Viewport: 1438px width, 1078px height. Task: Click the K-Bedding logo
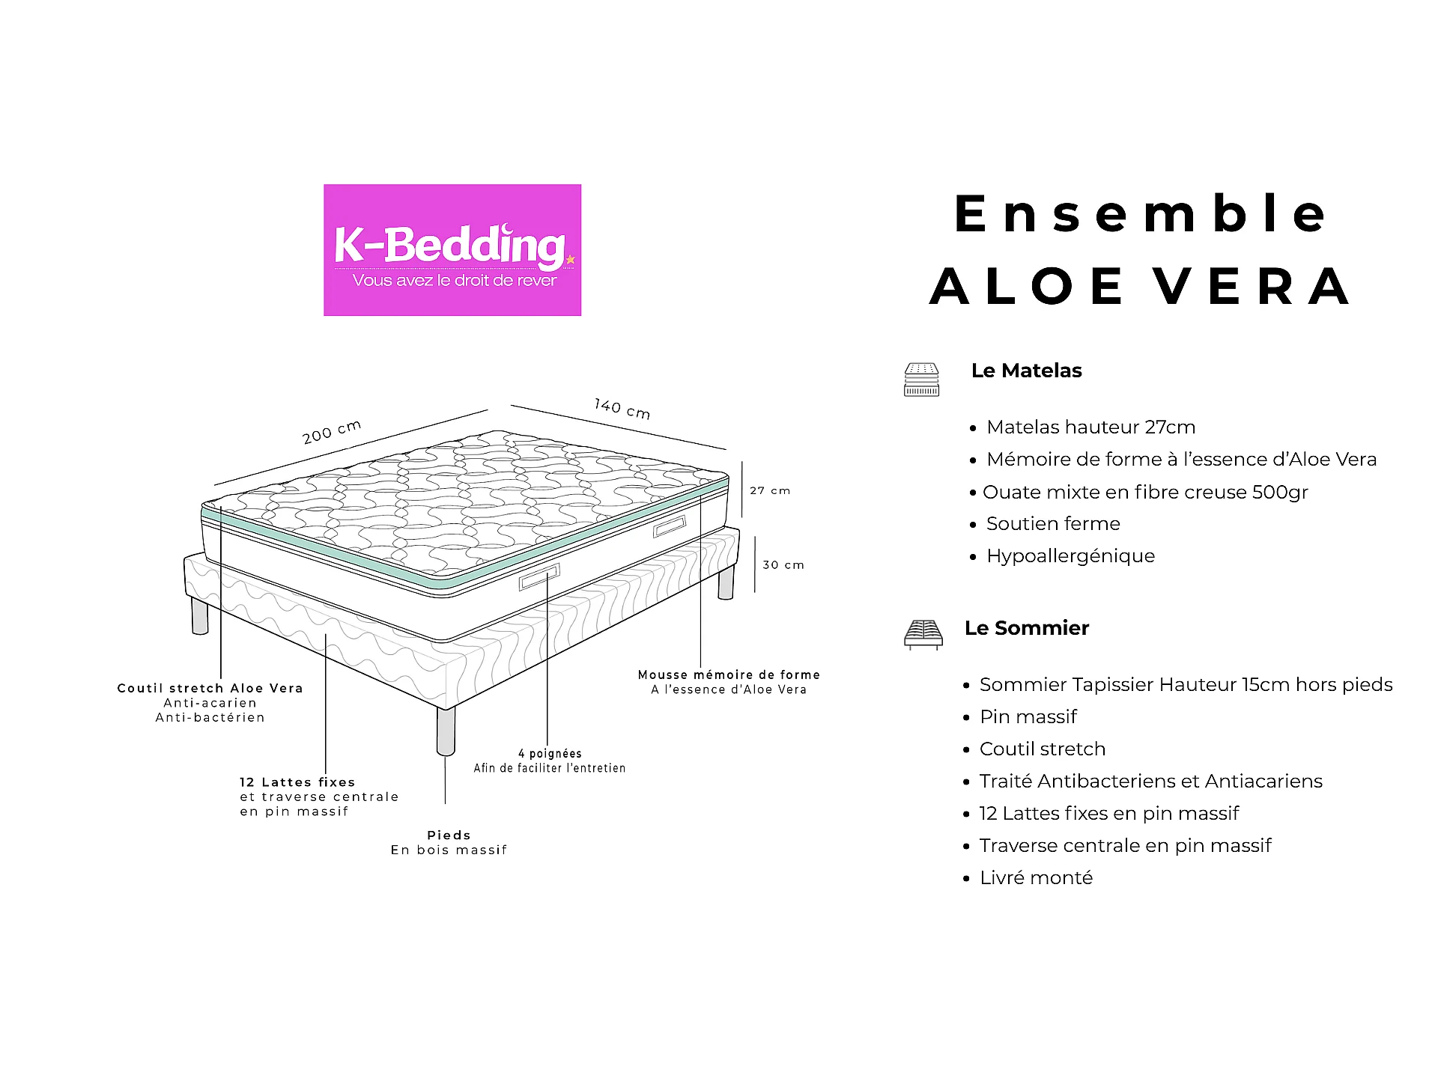[x=452, y=250]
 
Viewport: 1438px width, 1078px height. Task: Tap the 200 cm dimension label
[x=332, y=432]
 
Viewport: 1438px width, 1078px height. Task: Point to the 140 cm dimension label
[x=622, y=408]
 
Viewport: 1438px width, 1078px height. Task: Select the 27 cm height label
[x=770, y=490]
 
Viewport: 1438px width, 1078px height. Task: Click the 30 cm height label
[x=783, y=564]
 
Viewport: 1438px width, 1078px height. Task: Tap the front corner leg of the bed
[x=446, y=731]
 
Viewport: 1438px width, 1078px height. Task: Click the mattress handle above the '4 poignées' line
[x=539, y=577]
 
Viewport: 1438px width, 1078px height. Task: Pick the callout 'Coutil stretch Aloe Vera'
[x=210, y=688]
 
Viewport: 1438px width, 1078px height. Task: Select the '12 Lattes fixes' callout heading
[x=297, y=782]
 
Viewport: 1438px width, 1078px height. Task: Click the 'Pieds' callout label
[x=449, y=835]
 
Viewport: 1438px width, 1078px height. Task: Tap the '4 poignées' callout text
[x=550, y=753]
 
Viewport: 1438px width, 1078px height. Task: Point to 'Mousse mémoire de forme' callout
[x=729, y=674]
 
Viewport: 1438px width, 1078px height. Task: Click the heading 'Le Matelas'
[x=1026, y=371]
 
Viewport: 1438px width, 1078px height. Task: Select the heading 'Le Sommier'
[x=1027, y=628]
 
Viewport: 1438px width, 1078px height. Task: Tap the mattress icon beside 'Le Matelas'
[x=921, y=380]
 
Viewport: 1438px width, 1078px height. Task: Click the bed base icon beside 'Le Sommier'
[x=923, y=634]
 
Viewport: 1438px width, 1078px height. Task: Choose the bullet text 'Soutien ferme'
[x=1053, y=524]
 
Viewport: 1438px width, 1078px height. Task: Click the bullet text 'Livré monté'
[x=1037, y=877]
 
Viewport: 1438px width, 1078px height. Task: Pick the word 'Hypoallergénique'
[x=1071, y=556]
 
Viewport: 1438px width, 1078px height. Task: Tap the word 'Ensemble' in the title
[x=1141, y=214]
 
